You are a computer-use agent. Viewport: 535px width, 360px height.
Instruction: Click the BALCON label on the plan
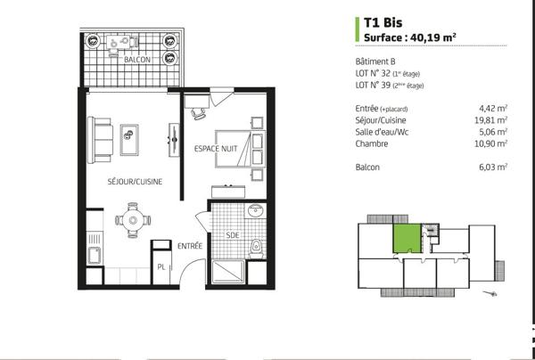(x=136, y=61)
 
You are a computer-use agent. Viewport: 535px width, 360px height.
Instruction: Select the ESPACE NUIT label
(x=216, y=148)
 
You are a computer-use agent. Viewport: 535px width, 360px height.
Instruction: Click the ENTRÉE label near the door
(x=188, y=245)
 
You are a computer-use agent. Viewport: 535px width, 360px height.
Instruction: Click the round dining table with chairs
(x=133, y=217)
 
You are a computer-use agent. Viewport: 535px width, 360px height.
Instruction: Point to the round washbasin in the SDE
(x=256, y=212)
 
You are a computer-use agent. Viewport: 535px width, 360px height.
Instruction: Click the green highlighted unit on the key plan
(x=407, y=240)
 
